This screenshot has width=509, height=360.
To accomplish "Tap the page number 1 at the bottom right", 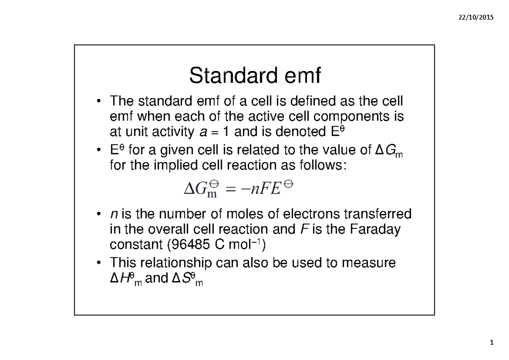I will pyautogui.click(x=492, y=343).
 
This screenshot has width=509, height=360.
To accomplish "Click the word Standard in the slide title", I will pyautogui.click(x=224, y=76).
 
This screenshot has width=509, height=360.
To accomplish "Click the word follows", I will pyautogui.click(x=324, y=165).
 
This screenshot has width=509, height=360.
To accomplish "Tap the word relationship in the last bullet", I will pyautogui.click(x=176, y=263).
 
